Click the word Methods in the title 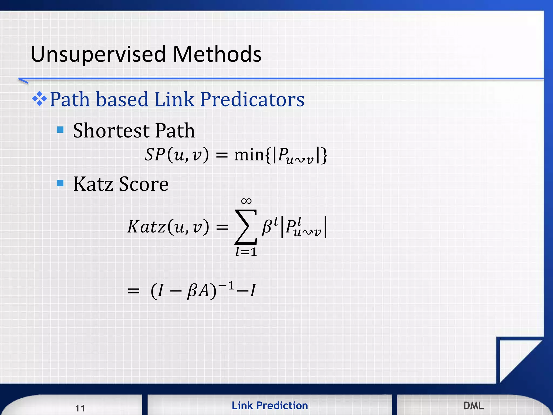tap(217, 54)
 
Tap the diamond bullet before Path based tap(39, 99)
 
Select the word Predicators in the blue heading tap(252, 99)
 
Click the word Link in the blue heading tap(174, 99)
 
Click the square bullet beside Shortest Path tap(60, 130)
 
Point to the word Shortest tap(111, 131)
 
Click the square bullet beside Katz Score tap(60, 183)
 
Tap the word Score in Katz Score tap(144, 184)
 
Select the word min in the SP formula tap(249, 155)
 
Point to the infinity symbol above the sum tap(246, 201)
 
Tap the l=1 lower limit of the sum tap(246, 252)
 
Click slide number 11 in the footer tap(80, 408)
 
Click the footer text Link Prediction tap(269, 406)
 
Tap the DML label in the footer tap(473, 406)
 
